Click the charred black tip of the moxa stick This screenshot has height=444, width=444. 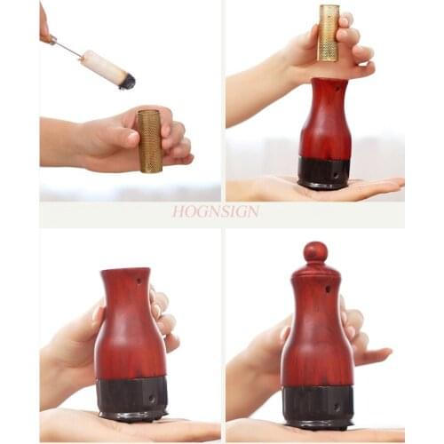pos(127,82)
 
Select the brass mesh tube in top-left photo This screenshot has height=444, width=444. pos(149,140)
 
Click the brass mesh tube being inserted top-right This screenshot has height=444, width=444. pos(329,33)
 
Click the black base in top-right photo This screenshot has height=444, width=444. pos(324,171)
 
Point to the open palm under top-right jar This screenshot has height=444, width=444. pos(373,186)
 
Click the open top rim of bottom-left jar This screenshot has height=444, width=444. pos(123,270)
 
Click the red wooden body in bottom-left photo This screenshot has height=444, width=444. pos(129,337)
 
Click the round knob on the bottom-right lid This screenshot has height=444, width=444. pos(315,251)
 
